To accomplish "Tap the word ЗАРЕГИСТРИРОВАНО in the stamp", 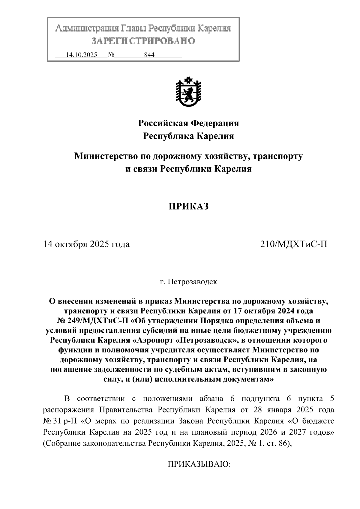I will coord(143,41).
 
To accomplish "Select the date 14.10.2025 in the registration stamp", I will coord(81,55).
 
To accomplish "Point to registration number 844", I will coord(149,55).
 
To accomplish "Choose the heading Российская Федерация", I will coord(188,123).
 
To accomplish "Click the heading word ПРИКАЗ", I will coord(188,207).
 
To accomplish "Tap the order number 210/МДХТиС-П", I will coord(294,244).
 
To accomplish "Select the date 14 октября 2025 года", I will coord(86,244).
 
